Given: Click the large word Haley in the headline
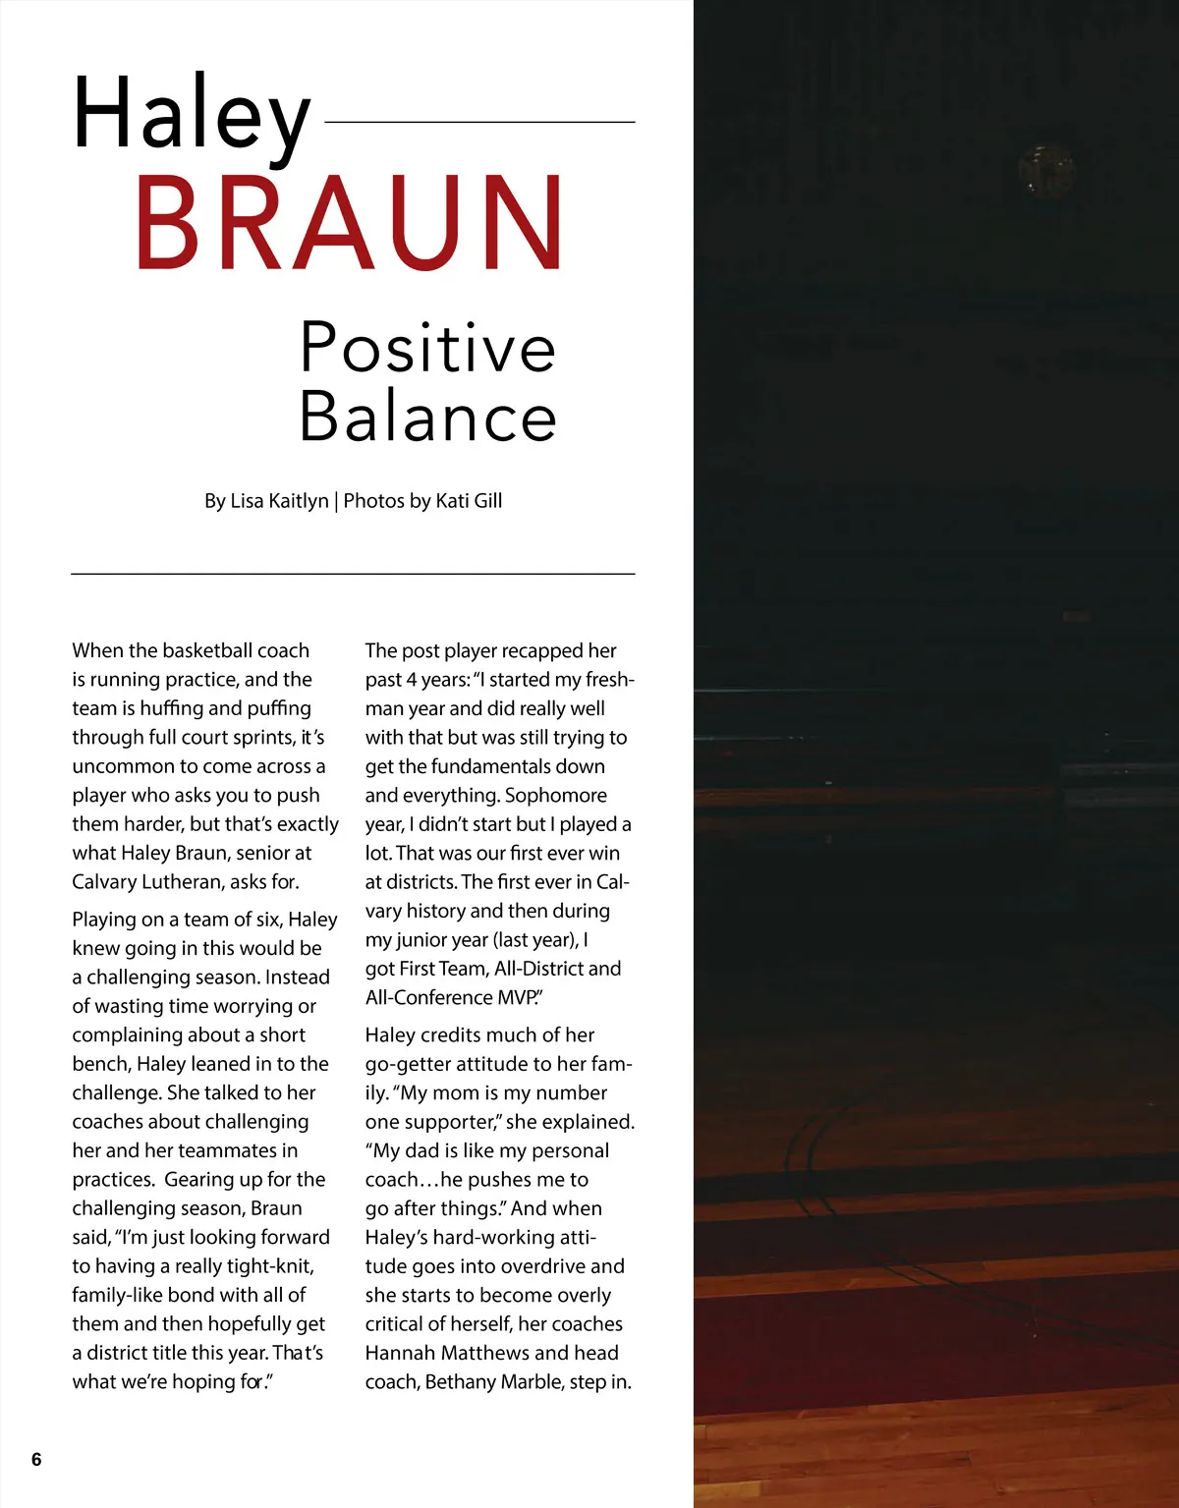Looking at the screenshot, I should pos(192,116).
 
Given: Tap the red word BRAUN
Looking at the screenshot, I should pos(350,223).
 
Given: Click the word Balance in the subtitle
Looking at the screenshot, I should pos(427,417).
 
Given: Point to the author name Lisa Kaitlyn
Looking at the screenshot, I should pos(279,501).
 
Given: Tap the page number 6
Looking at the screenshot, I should pos(36,1459).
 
